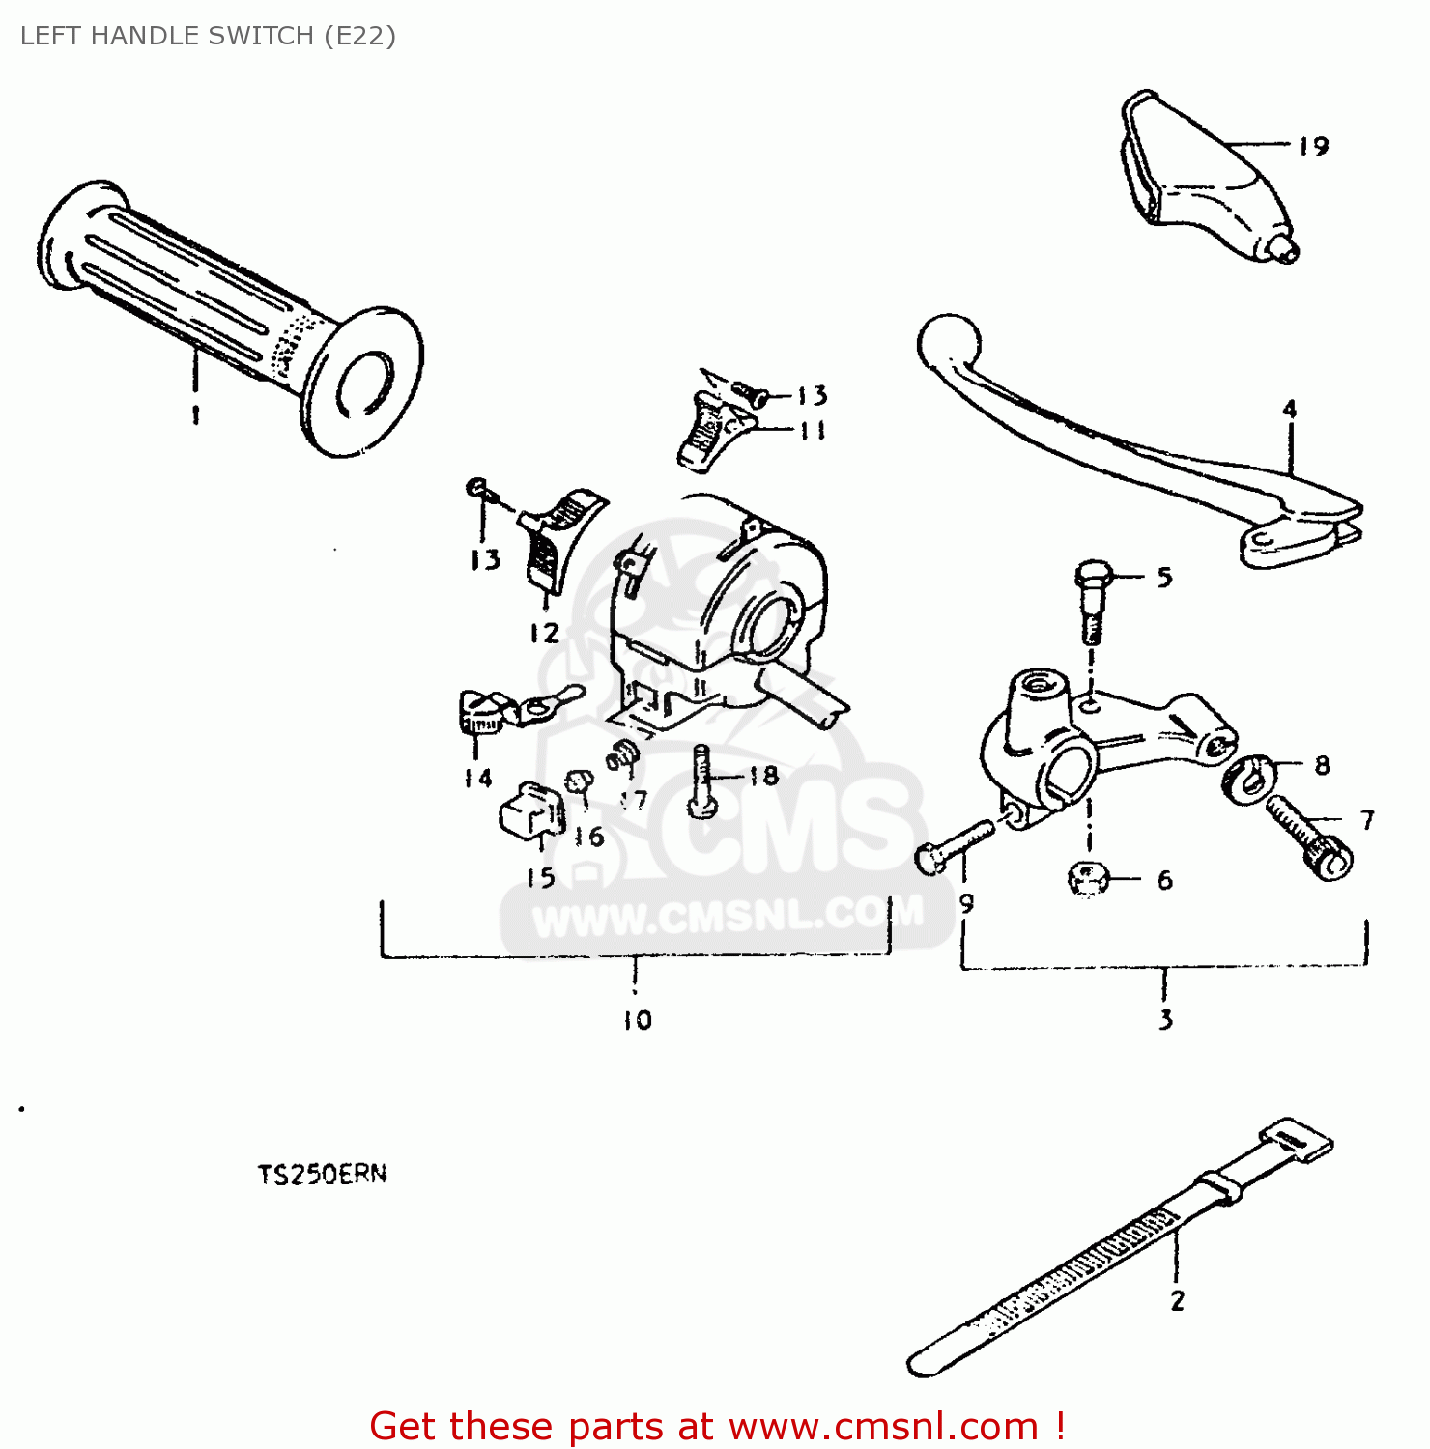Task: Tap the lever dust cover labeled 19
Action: point(1198,179)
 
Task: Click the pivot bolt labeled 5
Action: point(1092,599)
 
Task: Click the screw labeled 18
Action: point(702,782)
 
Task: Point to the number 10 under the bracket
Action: point(637,1020)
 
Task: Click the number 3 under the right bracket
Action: point(1165,1019)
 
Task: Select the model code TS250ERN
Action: point(322,1175)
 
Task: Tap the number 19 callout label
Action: point(1313,146)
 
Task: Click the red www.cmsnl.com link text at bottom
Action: point(883,1427)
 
